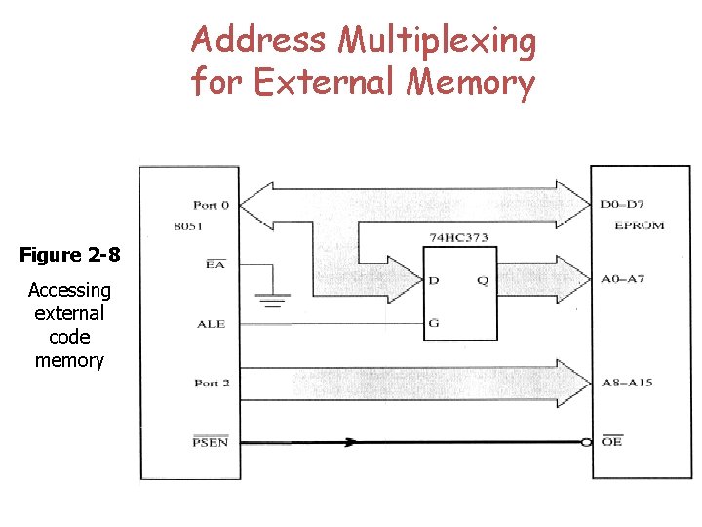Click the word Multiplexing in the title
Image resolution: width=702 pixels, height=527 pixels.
(437, 41)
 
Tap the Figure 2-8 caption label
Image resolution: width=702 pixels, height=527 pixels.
(70, 256)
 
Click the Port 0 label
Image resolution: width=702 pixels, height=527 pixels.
(212, 205)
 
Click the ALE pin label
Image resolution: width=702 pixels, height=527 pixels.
(211, 324)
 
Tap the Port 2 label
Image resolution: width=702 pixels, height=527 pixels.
(212, 384)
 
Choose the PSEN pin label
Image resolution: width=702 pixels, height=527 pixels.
(210, 442)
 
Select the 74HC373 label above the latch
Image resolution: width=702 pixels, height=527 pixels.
(458, 237)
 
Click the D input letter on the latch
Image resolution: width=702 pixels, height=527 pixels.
(433, 280)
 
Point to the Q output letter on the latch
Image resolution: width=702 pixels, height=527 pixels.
(484, 280)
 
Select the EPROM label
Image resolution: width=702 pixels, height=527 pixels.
(640, 225)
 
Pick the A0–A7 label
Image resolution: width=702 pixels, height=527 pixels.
(623, 280)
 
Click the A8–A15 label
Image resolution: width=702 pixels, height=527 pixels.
(627, 384)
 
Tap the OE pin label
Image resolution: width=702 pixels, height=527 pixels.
(611, 442)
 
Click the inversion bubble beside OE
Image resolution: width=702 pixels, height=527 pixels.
(587, 442)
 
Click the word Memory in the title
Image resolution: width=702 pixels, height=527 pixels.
(471, 82)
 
